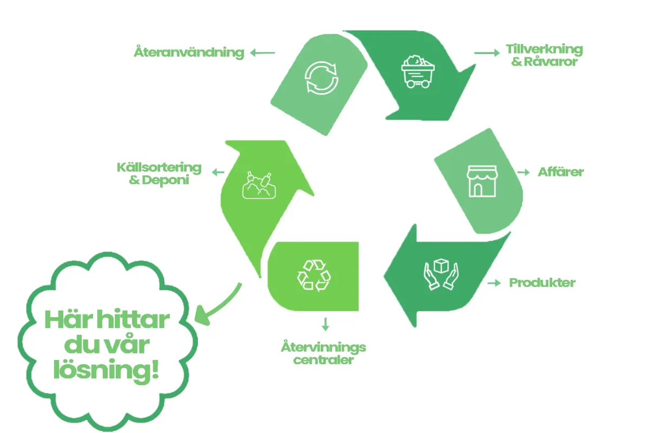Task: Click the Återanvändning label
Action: pos(189,53)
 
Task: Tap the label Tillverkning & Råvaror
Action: pos(544,55)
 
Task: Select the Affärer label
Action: pos(561,173)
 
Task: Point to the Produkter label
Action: pos(542,283)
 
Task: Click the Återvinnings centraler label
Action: pos(323,353)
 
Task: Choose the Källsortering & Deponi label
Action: pos(159,173)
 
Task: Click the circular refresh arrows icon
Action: pos(321,78)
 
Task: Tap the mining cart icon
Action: pos(418,71)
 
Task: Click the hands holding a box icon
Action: pos(440,273)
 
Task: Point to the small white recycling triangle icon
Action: pos(314,275)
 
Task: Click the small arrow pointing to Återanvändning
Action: pos(262,53)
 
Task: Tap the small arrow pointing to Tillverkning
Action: pos(487,53)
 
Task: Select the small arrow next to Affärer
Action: pos(524,173)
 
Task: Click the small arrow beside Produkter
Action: pos(493,283)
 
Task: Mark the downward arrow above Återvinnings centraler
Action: pos(325,324)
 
